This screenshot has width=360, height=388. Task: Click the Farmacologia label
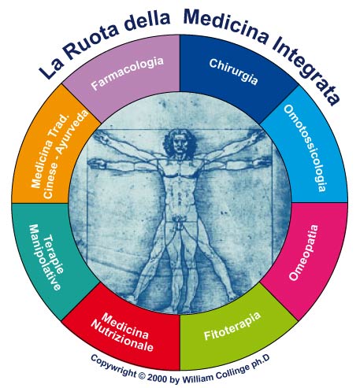tap(128, 73)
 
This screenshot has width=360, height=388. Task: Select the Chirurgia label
tap(233, 72)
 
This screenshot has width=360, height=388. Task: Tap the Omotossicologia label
tap(306, 148)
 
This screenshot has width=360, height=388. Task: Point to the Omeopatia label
tap(304, 253)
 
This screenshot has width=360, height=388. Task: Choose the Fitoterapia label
tap(232, 326)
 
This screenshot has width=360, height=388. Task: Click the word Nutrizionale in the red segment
tap(122, 337)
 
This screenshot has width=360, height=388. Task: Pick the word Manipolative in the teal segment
tap(45, 257)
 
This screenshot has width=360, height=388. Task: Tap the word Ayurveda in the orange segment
tap(72, 132)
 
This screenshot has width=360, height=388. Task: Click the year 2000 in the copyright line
tap(157, 378)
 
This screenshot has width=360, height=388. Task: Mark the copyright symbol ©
tap(141, 375)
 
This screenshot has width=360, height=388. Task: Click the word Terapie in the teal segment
tap(54, 255)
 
